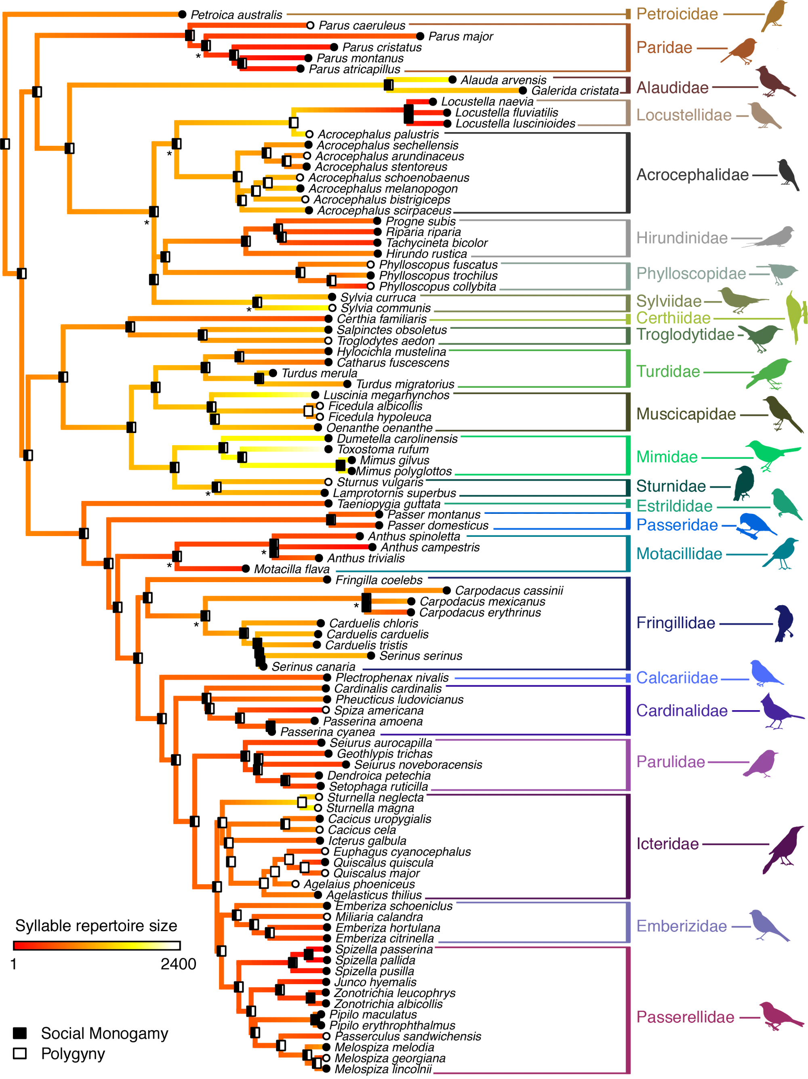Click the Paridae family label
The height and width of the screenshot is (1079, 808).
pos(664,47)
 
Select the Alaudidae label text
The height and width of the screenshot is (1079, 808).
pos(673,88)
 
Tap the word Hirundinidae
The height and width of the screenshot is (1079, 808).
pos(681,238)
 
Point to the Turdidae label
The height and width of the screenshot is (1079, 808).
pos(669,372)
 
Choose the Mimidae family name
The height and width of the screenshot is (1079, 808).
pos(667,457)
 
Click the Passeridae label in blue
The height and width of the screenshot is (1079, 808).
pos(677,525)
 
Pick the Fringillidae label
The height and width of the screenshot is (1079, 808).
pos(676,623)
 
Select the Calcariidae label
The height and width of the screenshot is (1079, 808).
pos(677,677)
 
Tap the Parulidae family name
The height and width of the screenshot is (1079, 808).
pos(670,761)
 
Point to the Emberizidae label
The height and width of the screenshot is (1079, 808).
pos(682,925)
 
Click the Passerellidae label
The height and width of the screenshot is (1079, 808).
pos(685,1017)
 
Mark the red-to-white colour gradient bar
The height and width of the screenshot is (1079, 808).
pos(97,945)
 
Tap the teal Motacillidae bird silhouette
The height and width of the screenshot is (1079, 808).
pos(781,554)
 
